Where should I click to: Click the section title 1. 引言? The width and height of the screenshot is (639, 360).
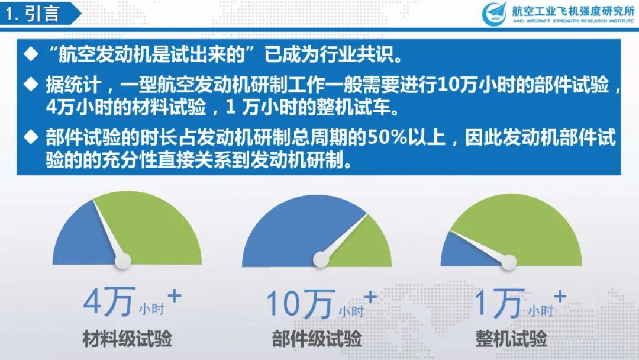click(33, 14)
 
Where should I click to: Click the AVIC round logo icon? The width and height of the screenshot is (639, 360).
click(495, 14)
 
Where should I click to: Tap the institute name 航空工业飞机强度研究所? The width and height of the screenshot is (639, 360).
click(573, 11)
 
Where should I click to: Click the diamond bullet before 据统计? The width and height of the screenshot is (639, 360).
click(31, 84)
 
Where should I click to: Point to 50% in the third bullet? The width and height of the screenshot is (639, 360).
click(387, 137)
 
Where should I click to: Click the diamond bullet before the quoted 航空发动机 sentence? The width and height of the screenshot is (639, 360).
click(31, 54)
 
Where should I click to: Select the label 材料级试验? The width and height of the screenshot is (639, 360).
click(127, 339)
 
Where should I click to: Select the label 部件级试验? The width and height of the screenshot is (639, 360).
click(317, 339)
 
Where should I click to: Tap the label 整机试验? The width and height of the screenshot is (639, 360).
click(511, 339)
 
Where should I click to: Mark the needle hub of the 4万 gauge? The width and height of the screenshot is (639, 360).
click(122, 261)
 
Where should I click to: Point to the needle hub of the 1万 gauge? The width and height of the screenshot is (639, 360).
click(509, 262)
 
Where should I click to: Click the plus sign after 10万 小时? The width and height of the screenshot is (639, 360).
click(370, 297)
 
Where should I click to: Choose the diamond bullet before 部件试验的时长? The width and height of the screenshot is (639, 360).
click(31, 137)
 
